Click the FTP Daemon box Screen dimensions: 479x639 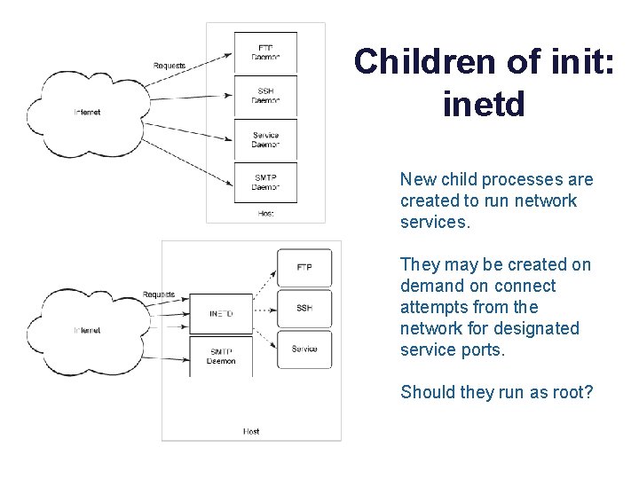[265, 52]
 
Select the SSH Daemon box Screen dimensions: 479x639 [265, 96]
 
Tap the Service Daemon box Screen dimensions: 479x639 [265, 139]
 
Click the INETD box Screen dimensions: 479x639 [221, 314]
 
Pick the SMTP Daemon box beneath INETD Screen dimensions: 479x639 [221, 356]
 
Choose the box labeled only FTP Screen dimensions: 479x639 [304, 268]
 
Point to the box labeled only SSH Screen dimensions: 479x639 [304, 308]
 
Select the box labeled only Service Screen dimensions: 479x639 [304, 349]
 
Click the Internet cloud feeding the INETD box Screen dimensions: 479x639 [88, 330]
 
